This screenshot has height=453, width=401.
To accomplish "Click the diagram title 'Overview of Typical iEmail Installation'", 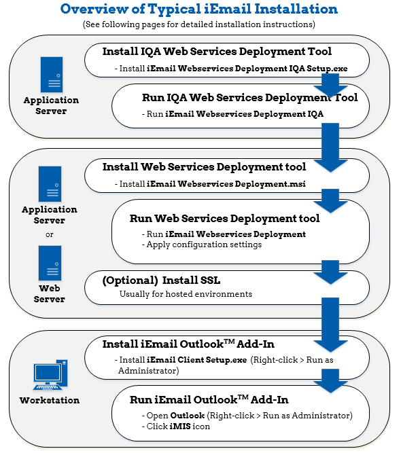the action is pos(199,9).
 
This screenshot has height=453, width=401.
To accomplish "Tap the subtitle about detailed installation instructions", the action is pos(199,24).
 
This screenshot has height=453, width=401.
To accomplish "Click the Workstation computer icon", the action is pos(50,375).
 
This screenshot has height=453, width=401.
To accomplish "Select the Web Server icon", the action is pos(50,263).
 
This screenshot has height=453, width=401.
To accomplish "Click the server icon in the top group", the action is pos(52,75).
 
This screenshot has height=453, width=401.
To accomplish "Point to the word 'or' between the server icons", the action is pos(50,234).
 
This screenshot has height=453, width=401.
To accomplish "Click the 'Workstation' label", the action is pos(50,400).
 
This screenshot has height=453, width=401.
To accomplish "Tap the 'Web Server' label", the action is pos(50,293).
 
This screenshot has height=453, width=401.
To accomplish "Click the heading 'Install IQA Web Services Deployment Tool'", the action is pos(217,52).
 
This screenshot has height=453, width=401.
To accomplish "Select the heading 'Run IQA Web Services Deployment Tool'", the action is pos(250,97).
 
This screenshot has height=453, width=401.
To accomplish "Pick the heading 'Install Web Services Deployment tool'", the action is pos(204,166).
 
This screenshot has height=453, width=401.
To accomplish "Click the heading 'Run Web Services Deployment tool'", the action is pos(225,219).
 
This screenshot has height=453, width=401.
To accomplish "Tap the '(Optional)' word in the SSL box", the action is pos(130,280).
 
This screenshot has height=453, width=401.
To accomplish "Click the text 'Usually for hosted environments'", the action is pos(186,294).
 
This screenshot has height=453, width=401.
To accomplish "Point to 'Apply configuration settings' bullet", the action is pos(202,244).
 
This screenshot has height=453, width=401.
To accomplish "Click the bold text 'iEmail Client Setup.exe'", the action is pos(196,360).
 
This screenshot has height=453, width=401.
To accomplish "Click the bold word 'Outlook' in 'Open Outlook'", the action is pos(188,416).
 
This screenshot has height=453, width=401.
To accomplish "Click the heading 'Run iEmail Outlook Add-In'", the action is pos(209,400).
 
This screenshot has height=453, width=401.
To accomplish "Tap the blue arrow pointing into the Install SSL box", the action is pos(330,272).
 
